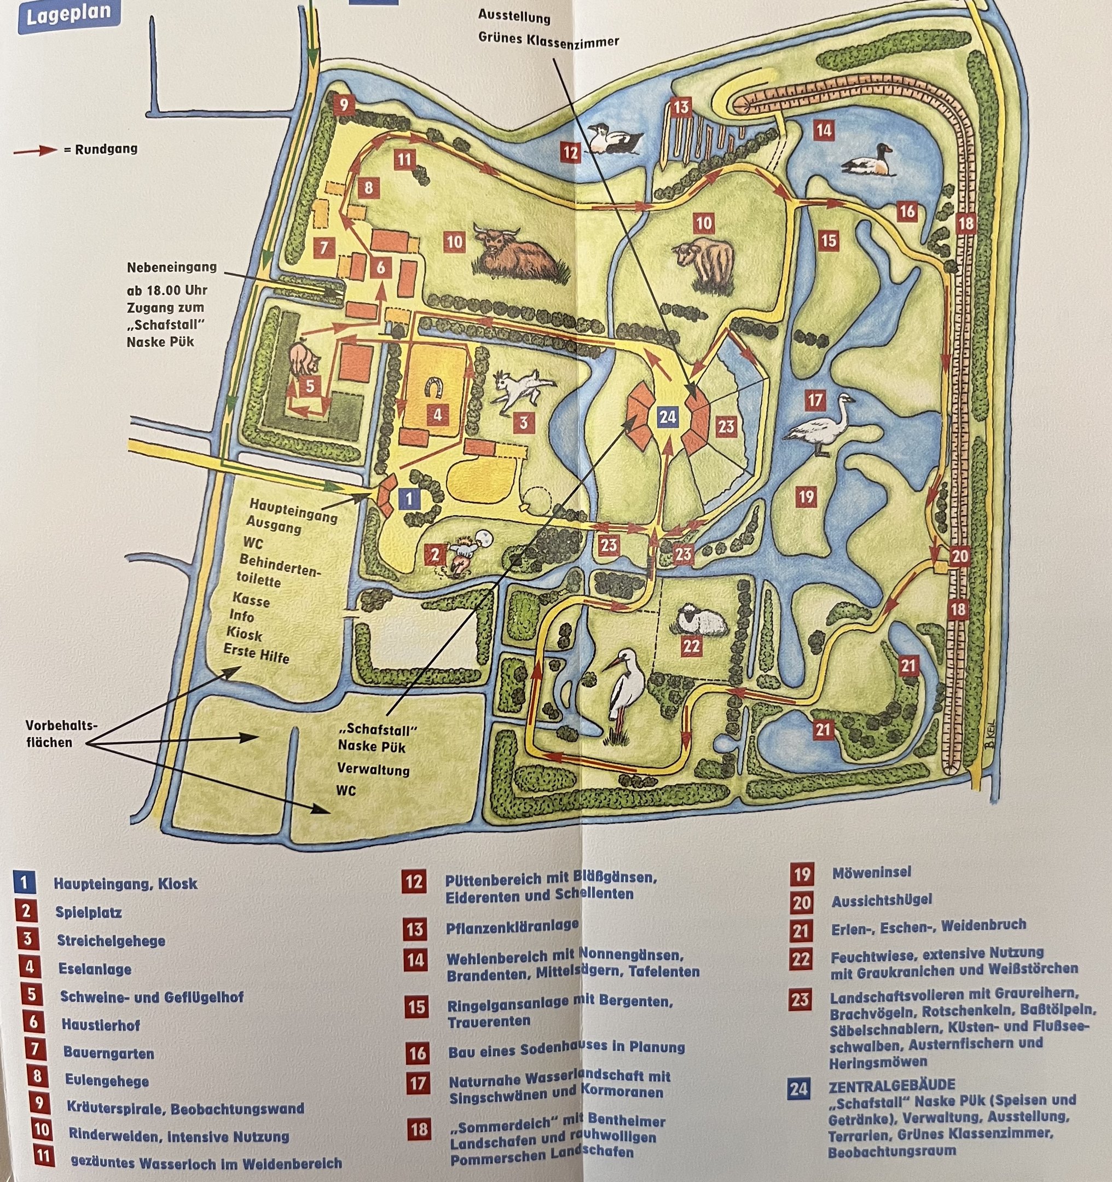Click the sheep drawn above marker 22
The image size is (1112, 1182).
tap(700, 619)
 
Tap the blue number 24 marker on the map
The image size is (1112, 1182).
tap(667, 416)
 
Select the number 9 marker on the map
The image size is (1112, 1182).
tap(344, 105)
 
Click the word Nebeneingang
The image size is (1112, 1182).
tap(171, 268)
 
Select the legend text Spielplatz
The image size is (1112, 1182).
tap(89, 912)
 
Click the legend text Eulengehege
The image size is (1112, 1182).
tap(107, 1080)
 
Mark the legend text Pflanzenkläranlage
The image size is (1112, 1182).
tap(512, 926)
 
